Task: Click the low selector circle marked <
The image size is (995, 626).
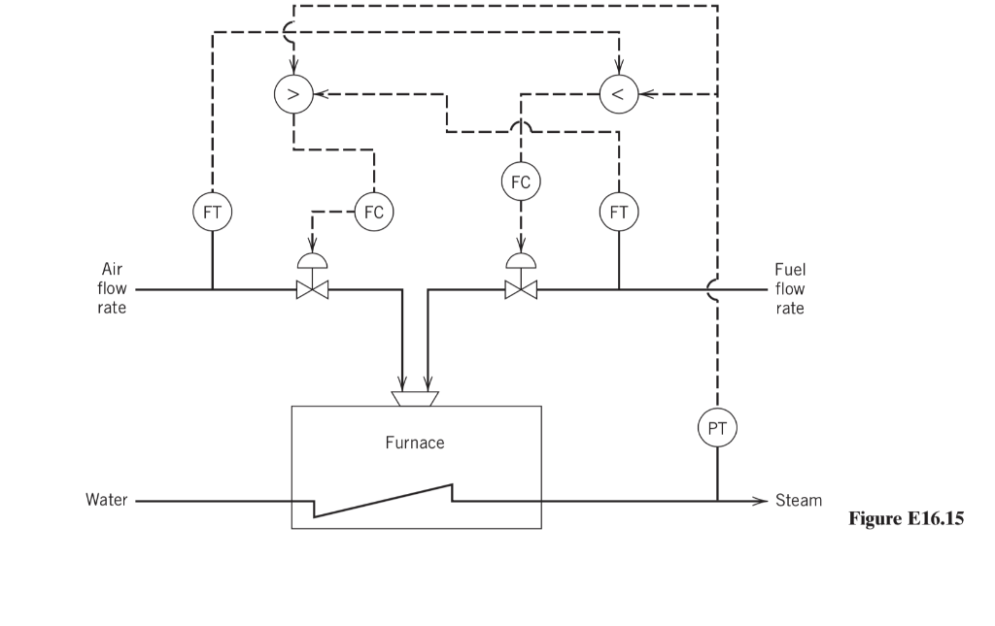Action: point(619,94)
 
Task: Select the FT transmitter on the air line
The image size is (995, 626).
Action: point(212,211)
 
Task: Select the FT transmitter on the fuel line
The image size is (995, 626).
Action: point(619,211)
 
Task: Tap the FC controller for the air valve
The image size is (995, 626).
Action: point(374,211)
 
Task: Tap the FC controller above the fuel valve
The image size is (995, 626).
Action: point(521,181)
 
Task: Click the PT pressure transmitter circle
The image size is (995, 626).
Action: point(718,426)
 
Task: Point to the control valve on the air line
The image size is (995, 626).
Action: point(313,288)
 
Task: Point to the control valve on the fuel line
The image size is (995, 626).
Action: point(521,288)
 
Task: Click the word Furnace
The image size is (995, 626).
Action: point(415,443)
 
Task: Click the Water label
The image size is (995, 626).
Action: point(107,501)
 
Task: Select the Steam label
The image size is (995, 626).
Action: point(799,501)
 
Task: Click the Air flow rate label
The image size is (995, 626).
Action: point(112,288)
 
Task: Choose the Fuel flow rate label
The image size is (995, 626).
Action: point(790,288)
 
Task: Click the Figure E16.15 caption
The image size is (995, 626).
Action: point(906,519)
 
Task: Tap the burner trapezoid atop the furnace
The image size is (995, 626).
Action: point(415,398)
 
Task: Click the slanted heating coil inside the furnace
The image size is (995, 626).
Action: point(383,501)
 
